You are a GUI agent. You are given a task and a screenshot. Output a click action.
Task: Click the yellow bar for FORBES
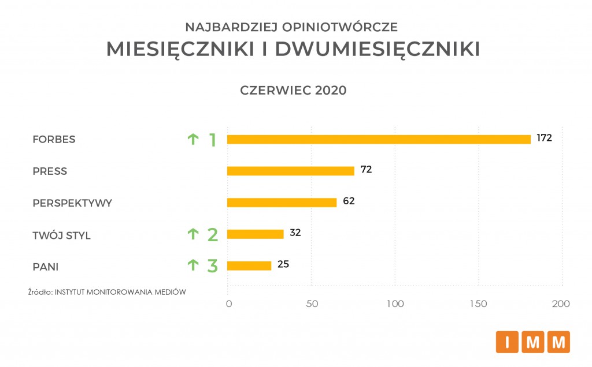(x=379, y=139)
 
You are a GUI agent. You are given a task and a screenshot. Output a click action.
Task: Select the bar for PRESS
(x=290, y=171)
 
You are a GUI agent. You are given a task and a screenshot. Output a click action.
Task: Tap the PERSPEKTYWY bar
(x=282, y=203)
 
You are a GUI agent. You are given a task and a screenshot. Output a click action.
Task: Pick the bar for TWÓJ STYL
(x=255, y=234)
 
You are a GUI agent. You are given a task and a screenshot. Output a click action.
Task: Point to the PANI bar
(x=249, y=265)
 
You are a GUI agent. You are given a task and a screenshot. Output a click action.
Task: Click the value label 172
(x=545, y=138)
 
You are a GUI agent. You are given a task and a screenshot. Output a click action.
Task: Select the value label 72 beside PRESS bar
(x=365, y=170)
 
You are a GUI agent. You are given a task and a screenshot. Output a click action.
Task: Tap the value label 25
(x=283, y=264)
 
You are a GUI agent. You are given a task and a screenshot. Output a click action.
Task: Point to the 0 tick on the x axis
(x=228, y=304)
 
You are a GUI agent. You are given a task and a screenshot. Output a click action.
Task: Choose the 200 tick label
(x=561, y=304)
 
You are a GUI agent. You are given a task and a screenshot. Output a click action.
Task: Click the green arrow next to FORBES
(x=193, y=139)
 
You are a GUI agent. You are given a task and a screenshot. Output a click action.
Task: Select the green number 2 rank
(x=212, y=234)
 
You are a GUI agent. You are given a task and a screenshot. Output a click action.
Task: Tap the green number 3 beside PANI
(x=212, y=266)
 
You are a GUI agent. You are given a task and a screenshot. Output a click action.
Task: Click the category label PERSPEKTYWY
(x=72, y=203)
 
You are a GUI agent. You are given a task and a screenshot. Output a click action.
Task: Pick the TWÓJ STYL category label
(x=61, y=235)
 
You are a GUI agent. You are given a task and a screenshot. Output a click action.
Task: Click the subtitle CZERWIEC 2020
(x=293, y=91)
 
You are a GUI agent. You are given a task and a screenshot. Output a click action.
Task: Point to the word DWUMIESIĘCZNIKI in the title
(x=378, y=50)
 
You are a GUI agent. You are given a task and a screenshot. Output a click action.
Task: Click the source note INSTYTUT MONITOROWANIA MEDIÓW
(x=120, y=292)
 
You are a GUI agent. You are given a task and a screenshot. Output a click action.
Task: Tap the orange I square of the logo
(x=507, y=342)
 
